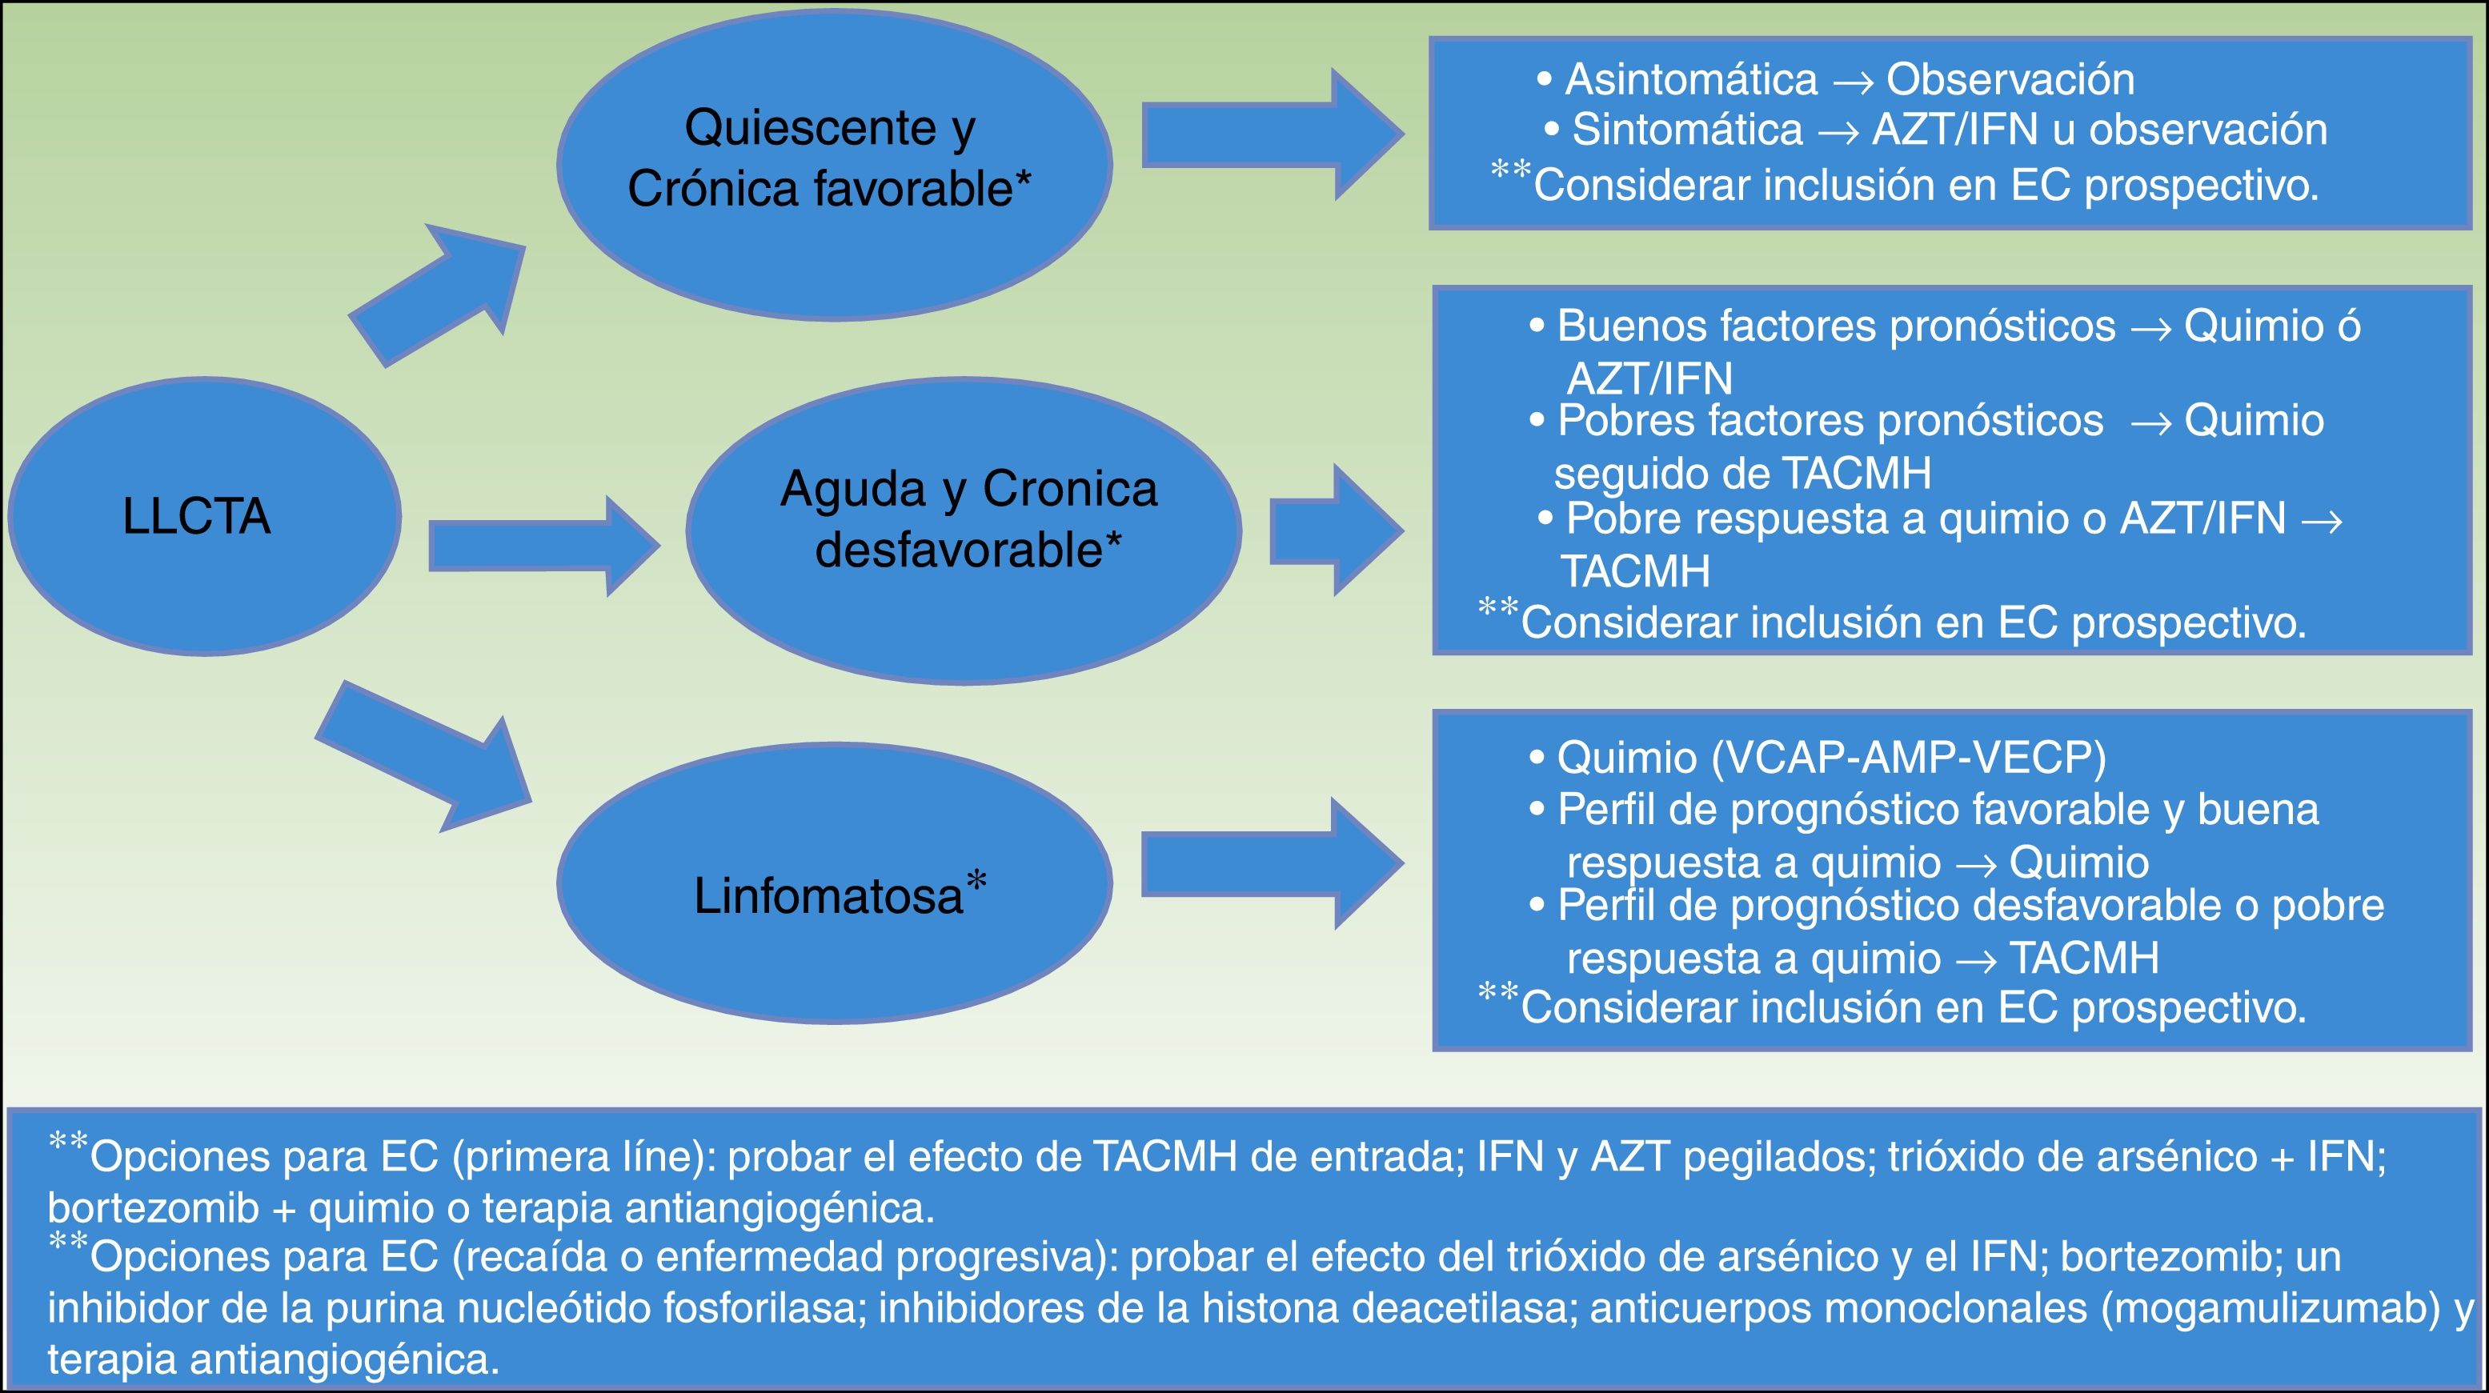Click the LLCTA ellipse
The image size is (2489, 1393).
click(204, 516)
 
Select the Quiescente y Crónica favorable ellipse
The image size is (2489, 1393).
click(833, 164)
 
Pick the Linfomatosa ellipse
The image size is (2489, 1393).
click(833, 883)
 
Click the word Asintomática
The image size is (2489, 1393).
click(1691, 79)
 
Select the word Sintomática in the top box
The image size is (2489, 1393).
click(1687, 130)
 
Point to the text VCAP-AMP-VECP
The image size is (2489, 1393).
click(1908, 759)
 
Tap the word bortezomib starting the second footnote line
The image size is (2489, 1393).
click(153, 1207)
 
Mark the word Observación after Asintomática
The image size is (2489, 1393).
click(2010, 79)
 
